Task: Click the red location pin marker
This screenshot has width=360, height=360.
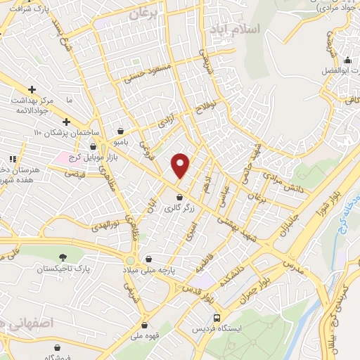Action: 181,165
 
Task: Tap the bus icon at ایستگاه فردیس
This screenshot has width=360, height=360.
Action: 217,317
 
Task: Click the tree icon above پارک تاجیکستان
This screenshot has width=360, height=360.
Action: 64,257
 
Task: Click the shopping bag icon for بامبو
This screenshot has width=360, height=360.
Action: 122,131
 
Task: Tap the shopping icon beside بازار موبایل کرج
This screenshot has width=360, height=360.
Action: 94,146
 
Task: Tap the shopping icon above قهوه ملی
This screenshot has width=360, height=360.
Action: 145,325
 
